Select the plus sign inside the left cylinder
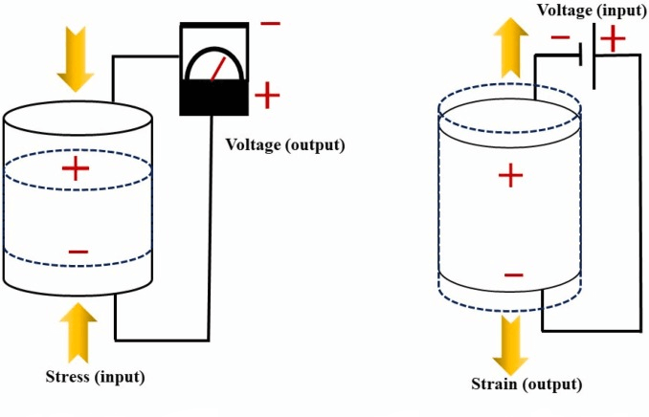pos(75,170)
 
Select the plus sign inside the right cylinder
pos(512,176)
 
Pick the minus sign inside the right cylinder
pos(513,275)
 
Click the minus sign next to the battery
pos(561,39)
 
